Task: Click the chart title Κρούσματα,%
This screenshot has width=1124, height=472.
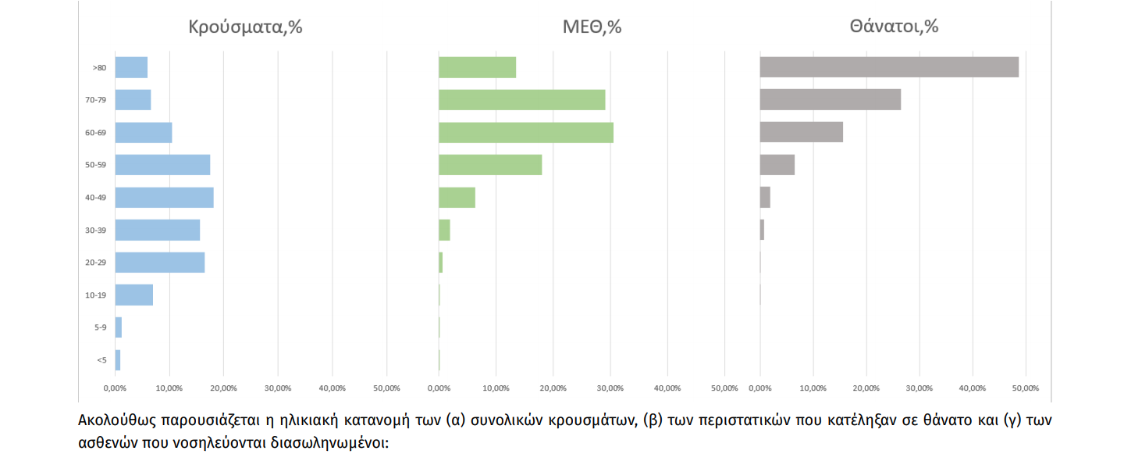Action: tap(245, 27)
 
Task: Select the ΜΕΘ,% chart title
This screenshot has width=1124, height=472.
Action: tap(592, 27)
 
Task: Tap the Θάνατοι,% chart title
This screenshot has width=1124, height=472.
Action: tap(894, 27)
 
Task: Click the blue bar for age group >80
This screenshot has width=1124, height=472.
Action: tap(131, 67)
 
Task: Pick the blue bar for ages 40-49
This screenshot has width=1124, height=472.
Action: tap(164, 197)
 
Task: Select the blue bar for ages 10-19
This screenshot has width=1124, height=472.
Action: tap(133, 295)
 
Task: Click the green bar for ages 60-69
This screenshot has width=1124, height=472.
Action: tap(525, 132)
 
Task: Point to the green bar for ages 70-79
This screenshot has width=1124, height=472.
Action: tap(521, 100)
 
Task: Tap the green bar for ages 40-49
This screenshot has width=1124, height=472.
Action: tap(457, 197)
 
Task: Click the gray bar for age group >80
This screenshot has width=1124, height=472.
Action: tap(889, 67)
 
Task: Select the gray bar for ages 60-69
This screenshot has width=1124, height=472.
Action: tap(801, 132)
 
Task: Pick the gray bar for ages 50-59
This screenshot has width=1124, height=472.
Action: tap(777, 165)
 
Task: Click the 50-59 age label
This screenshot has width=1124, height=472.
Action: tap(96, 165)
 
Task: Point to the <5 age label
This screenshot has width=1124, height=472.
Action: tap(101, 360)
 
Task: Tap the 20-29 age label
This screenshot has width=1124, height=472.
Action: tap(96, 263)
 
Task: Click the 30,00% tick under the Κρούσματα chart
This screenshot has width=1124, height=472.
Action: tap(278, 388)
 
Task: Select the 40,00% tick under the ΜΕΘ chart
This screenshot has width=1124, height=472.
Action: tap(667, 388)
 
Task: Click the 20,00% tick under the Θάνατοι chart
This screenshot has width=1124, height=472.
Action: tap(866, 388)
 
